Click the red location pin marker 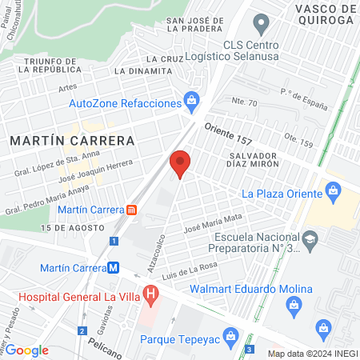click(x=180, y=164)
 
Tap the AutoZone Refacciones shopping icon click(x=191, y=100)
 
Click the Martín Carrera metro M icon click(x=114, y=268)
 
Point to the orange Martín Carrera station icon click(x=131, y=210)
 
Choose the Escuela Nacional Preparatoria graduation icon click(x=310, y=238)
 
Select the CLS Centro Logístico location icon click(x=261, y=22)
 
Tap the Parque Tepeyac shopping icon click(x=231, y=336)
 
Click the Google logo click(x=26, y=350)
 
